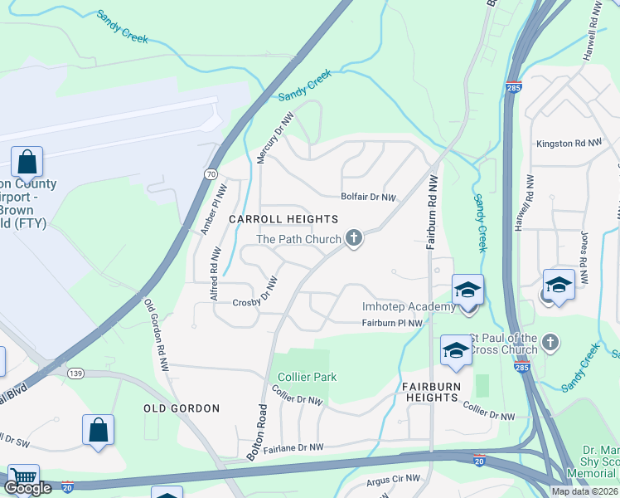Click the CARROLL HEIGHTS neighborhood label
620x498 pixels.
click(283, 219)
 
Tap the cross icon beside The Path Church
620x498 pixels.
click(354, 239)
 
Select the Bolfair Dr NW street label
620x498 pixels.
click(369, 198)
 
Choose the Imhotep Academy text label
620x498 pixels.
click(409, 307)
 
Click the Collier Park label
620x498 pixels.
click(307, 377)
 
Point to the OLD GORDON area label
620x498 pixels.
click(182, 408)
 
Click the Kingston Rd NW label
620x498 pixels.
click(569, 144)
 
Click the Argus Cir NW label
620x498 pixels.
click(394, 481)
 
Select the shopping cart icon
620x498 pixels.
click(23, 478)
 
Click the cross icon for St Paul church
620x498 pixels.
click(550, 342)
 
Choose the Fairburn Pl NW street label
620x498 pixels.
click(392, 323)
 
